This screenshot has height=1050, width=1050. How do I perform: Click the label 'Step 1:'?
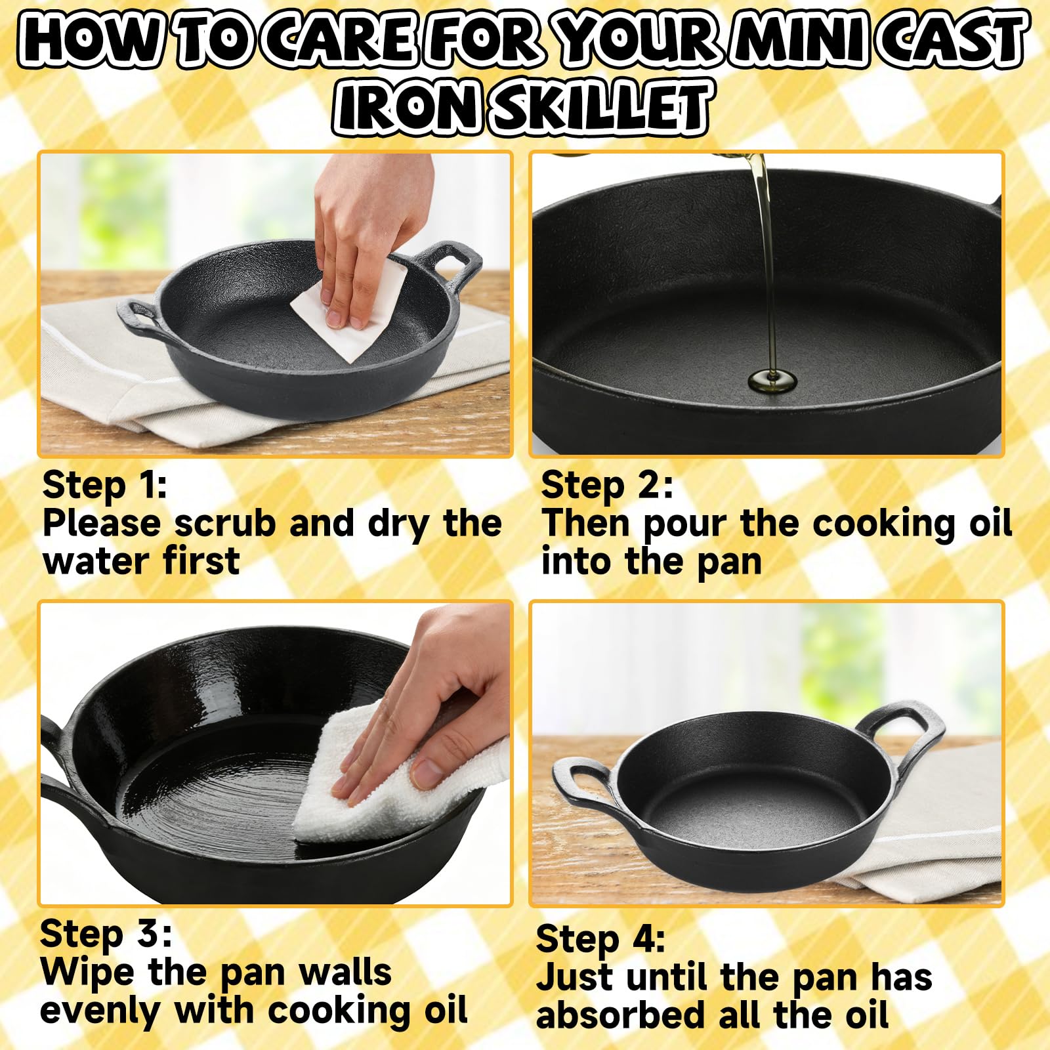tap(104, 486)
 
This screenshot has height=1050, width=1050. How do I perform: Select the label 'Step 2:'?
tap(606, 486)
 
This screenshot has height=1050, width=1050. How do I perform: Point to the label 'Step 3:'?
tap(106, 934)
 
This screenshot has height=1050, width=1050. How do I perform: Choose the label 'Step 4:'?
tap(600, 939)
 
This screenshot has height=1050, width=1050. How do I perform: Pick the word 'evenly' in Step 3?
tap(99, 1011)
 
